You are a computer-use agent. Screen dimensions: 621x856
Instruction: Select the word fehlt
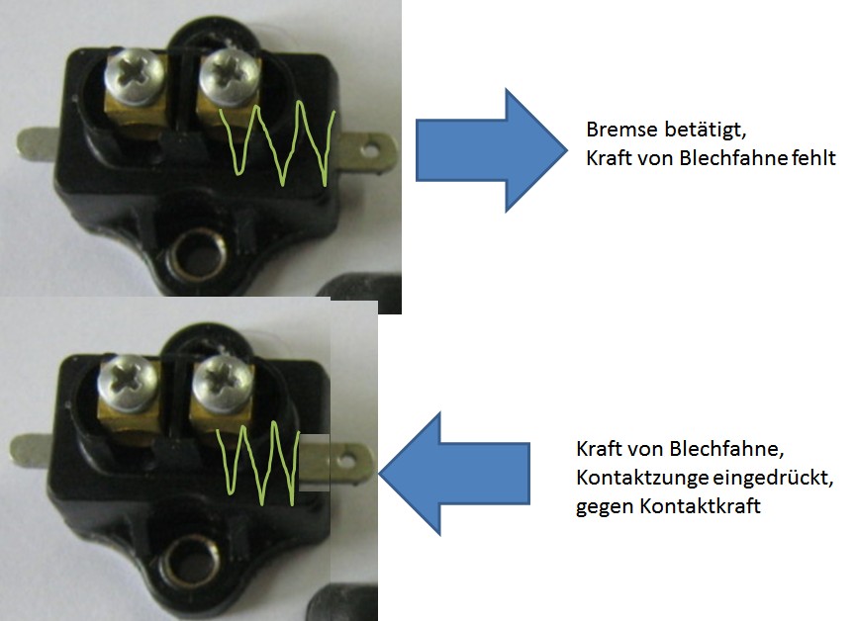812,156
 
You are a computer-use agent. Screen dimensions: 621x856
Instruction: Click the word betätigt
693,131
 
